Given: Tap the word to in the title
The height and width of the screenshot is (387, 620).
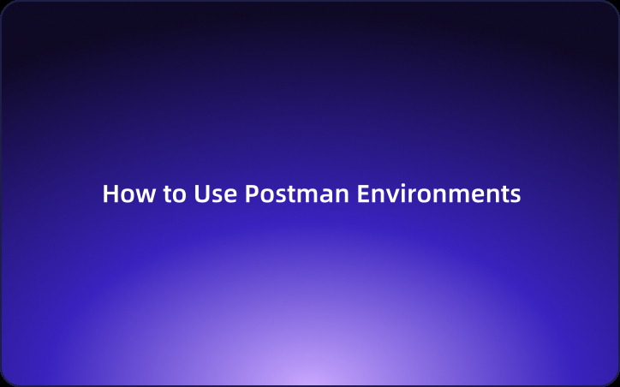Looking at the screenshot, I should pyautogui.click(x=174, y=194).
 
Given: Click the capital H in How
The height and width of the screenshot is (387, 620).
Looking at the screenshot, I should pyautogui.click(x=110, y=193).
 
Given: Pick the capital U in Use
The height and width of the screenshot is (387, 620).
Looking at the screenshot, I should pyautogui.click(x=200, y=193).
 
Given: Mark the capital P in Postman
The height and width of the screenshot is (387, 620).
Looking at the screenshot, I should pyautogui.click(x=252, y=193).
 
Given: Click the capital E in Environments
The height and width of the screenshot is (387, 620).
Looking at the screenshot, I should pyautogui.click(x=362, y=193).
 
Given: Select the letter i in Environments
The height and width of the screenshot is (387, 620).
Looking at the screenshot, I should pyautogui.click(x=401, y=193).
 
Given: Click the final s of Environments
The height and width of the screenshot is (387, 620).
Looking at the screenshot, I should pyautogui.click(x=516, y=195).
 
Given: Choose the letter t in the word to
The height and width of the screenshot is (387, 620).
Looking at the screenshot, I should pyautogui.click(x=168, y=194).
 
